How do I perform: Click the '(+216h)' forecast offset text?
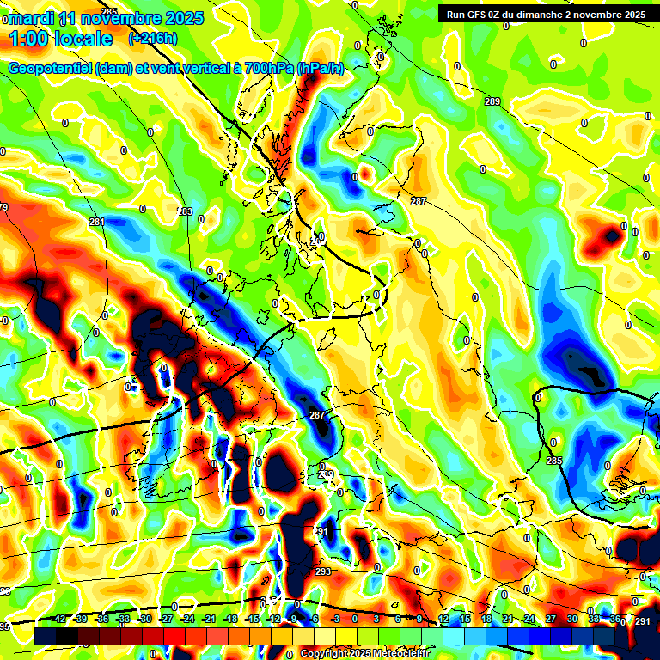(152, 39)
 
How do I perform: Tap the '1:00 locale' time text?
(61, 39)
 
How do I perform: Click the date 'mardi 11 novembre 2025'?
(106, 16)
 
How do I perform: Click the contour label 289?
(492, 102)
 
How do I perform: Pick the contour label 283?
(185, 211)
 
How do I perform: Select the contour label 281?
(96, 222)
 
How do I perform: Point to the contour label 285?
(553, 461)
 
